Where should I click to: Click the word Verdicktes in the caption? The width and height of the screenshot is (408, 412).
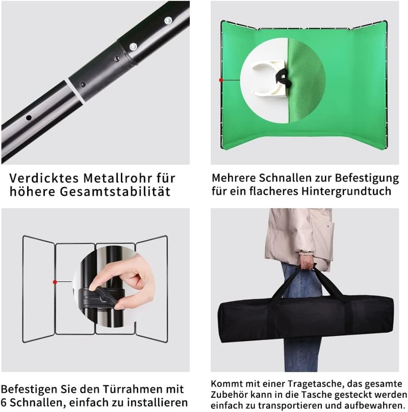(x=44, y=178)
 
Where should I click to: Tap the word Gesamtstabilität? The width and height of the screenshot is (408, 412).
(x=115, y=191)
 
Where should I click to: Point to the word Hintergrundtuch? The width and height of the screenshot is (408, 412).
(x=346, y=191)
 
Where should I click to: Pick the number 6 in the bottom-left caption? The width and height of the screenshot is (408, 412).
(x=4, y=402)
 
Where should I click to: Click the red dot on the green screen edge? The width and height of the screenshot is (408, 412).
(x=221, y=80)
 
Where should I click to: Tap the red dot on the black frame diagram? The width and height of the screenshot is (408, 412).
(x=55, y=282)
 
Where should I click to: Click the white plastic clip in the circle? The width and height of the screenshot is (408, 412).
(x=267, y=78)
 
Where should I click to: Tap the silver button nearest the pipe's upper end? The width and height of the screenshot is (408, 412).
(x=168, y=20)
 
